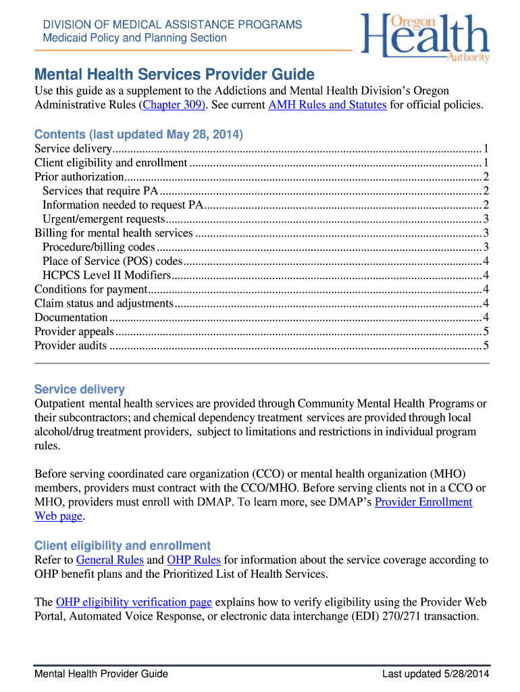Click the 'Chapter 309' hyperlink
[x=171, y=105]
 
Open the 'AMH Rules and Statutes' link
[x=327, y=105]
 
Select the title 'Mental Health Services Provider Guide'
[x=174, y=74]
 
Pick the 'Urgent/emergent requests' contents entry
[x=103, y=219]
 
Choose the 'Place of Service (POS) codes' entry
[x=112, y=261]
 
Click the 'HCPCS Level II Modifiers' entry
[x=106, y=275]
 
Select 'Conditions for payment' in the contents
[x=81, y=289]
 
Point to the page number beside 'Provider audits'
[x=486, y=345]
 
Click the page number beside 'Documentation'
[x=486, y=318]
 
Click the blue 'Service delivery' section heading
[x=79, y=389]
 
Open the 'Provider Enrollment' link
[x=423, y=502]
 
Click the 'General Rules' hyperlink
[x=109, y=560]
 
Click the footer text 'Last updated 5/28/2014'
[x=435, y=674]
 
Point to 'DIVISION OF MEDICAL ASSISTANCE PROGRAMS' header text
[x=172, y=25]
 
